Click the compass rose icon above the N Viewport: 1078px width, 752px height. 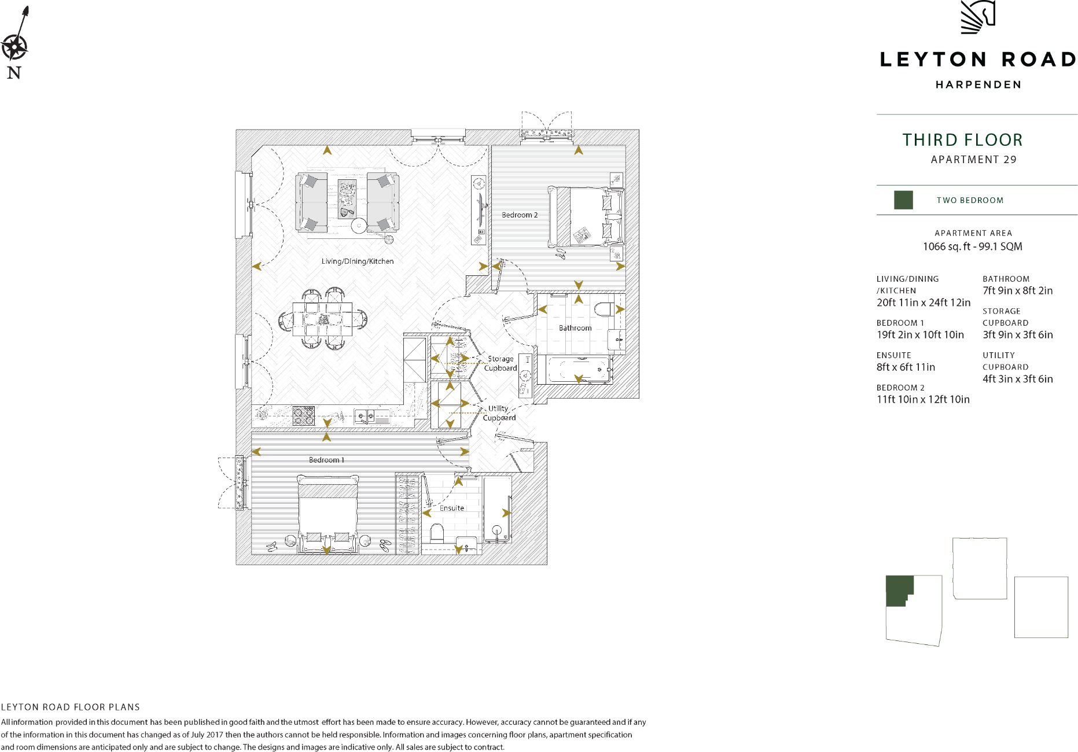pos(14,47)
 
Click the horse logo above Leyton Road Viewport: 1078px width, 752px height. pos(978,17)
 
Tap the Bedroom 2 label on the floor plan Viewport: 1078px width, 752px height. pos(519,215)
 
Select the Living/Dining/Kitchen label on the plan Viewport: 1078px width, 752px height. pos(357,261)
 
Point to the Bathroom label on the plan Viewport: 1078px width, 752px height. pos(575,328)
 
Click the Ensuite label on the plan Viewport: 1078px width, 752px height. pos(451,508)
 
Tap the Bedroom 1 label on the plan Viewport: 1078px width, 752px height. pos(326,460)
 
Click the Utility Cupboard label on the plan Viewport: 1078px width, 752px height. pos(499,413)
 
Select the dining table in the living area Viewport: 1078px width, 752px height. pos(322,319)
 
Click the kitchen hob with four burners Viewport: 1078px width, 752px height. pos(303,415)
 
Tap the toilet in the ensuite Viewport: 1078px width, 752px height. pos(437,533)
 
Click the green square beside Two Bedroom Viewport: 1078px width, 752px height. pos(903,200)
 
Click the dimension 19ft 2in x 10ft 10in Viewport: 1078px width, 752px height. pos(920,335)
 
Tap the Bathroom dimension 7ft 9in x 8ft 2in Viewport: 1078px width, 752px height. pos(1017,291)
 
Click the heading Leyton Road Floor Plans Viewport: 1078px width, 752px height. pos(71,707)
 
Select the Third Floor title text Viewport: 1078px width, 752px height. pos(962,140)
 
